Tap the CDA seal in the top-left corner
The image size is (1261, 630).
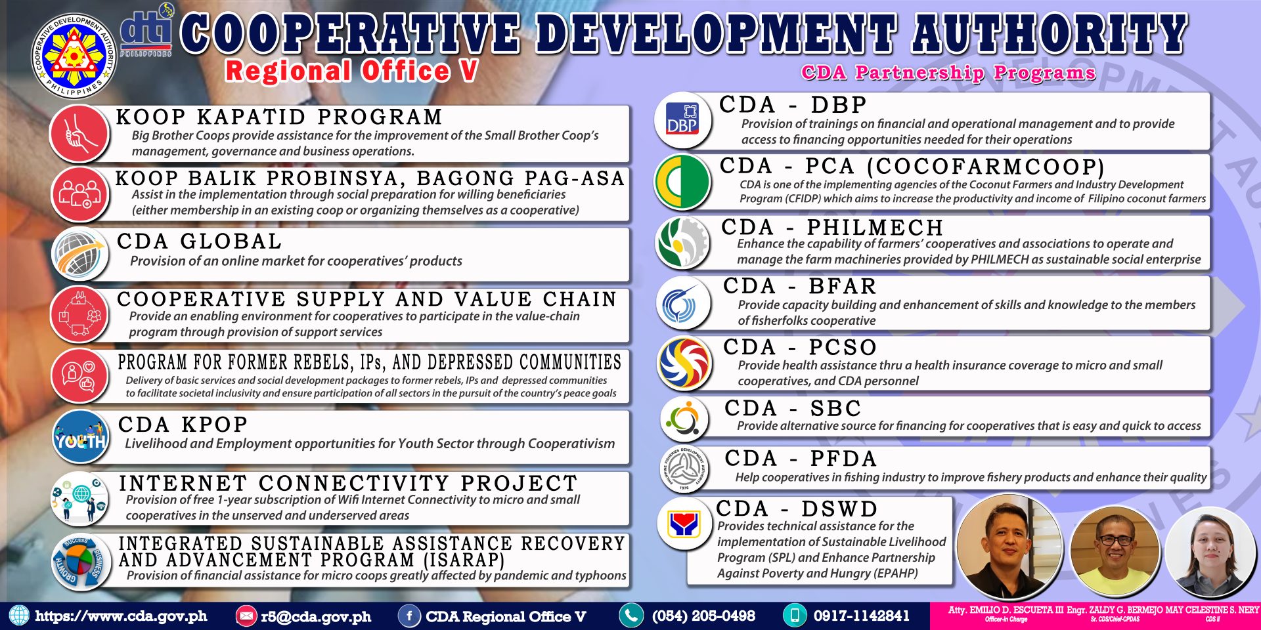(74, 57)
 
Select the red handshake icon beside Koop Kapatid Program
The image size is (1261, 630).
(79, 134)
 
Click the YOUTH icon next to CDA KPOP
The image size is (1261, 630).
(80, 437)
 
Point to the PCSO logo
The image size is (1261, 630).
(684, 364)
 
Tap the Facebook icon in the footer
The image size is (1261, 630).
(409, 616)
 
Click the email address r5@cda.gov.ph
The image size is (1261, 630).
(316, 617)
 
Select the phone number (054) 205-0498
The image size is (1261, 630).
(703, 616)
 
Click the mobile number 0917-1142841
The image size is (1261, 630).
(862, 616)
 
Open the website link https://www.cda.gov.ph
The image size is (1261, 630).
(122, 616)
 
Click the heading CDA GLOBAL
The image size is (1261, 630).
(200, 241)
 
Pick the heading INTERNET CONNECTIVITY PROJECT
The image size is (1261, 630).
(348, 484)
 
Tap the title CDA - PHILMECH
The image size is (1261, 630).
(832, 227)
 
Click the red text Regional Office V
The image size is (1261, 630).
(351, 71)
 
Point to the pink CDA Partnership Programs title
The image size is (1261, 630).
(948, 73)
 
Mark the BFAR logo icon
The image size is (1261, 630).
(684, 303)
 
